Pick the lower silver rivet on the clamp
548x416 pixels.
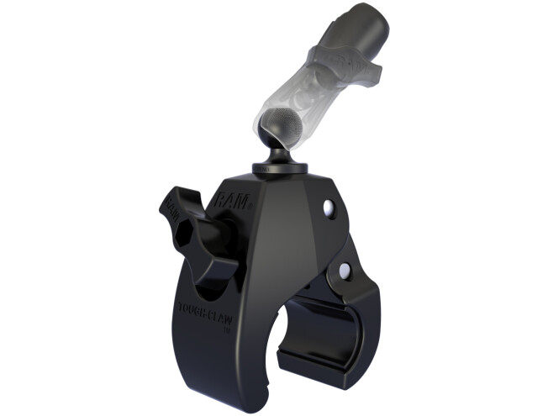point(343,270)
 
